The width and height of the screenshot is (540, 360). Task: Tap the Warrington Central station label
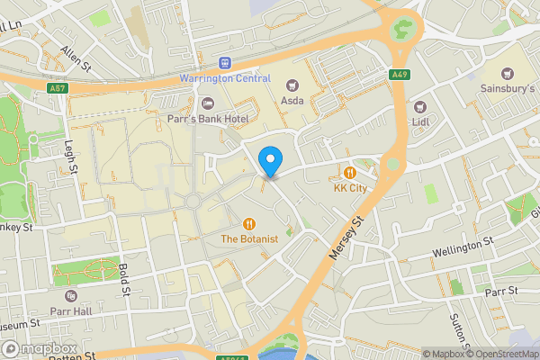[226, 78]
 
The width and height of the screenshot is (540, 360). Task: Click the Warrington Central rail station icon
[225, 63]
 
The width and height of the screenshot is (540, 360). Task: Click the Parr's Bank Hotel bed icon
[208, 104]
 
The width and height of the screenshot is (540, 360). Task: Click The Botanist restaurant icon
[249, 223]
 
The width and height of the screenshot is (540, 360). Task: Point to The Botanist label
[249, 238]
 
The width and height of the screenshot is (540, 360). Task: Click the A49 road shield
[400, 74]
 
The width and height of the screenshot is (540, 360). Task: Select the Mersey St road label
[345, 239]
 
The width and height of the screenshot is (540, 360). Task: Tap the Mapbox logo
[40, 348]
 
